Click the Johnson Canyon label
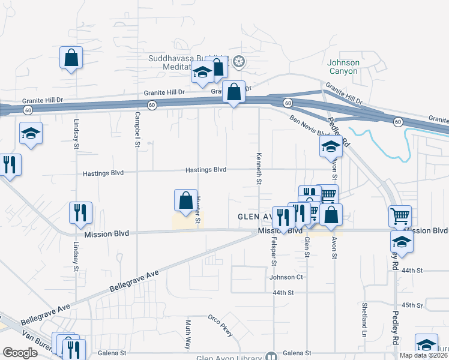coord(343,67)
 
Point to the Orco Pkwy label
coord(220,325)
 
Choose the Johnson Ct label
coord(286,277)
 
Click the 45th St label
coord(412,305)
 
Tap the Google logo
coord(20,353)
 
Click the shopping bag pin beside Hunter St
coord(185,201)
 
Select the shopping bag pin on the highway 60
coord(234,92)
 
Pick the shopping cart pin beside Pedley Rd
coord(400,216)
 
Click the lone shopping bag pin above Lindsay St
coord(71,58)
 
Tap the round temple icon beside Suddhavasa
coord(239,62)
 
